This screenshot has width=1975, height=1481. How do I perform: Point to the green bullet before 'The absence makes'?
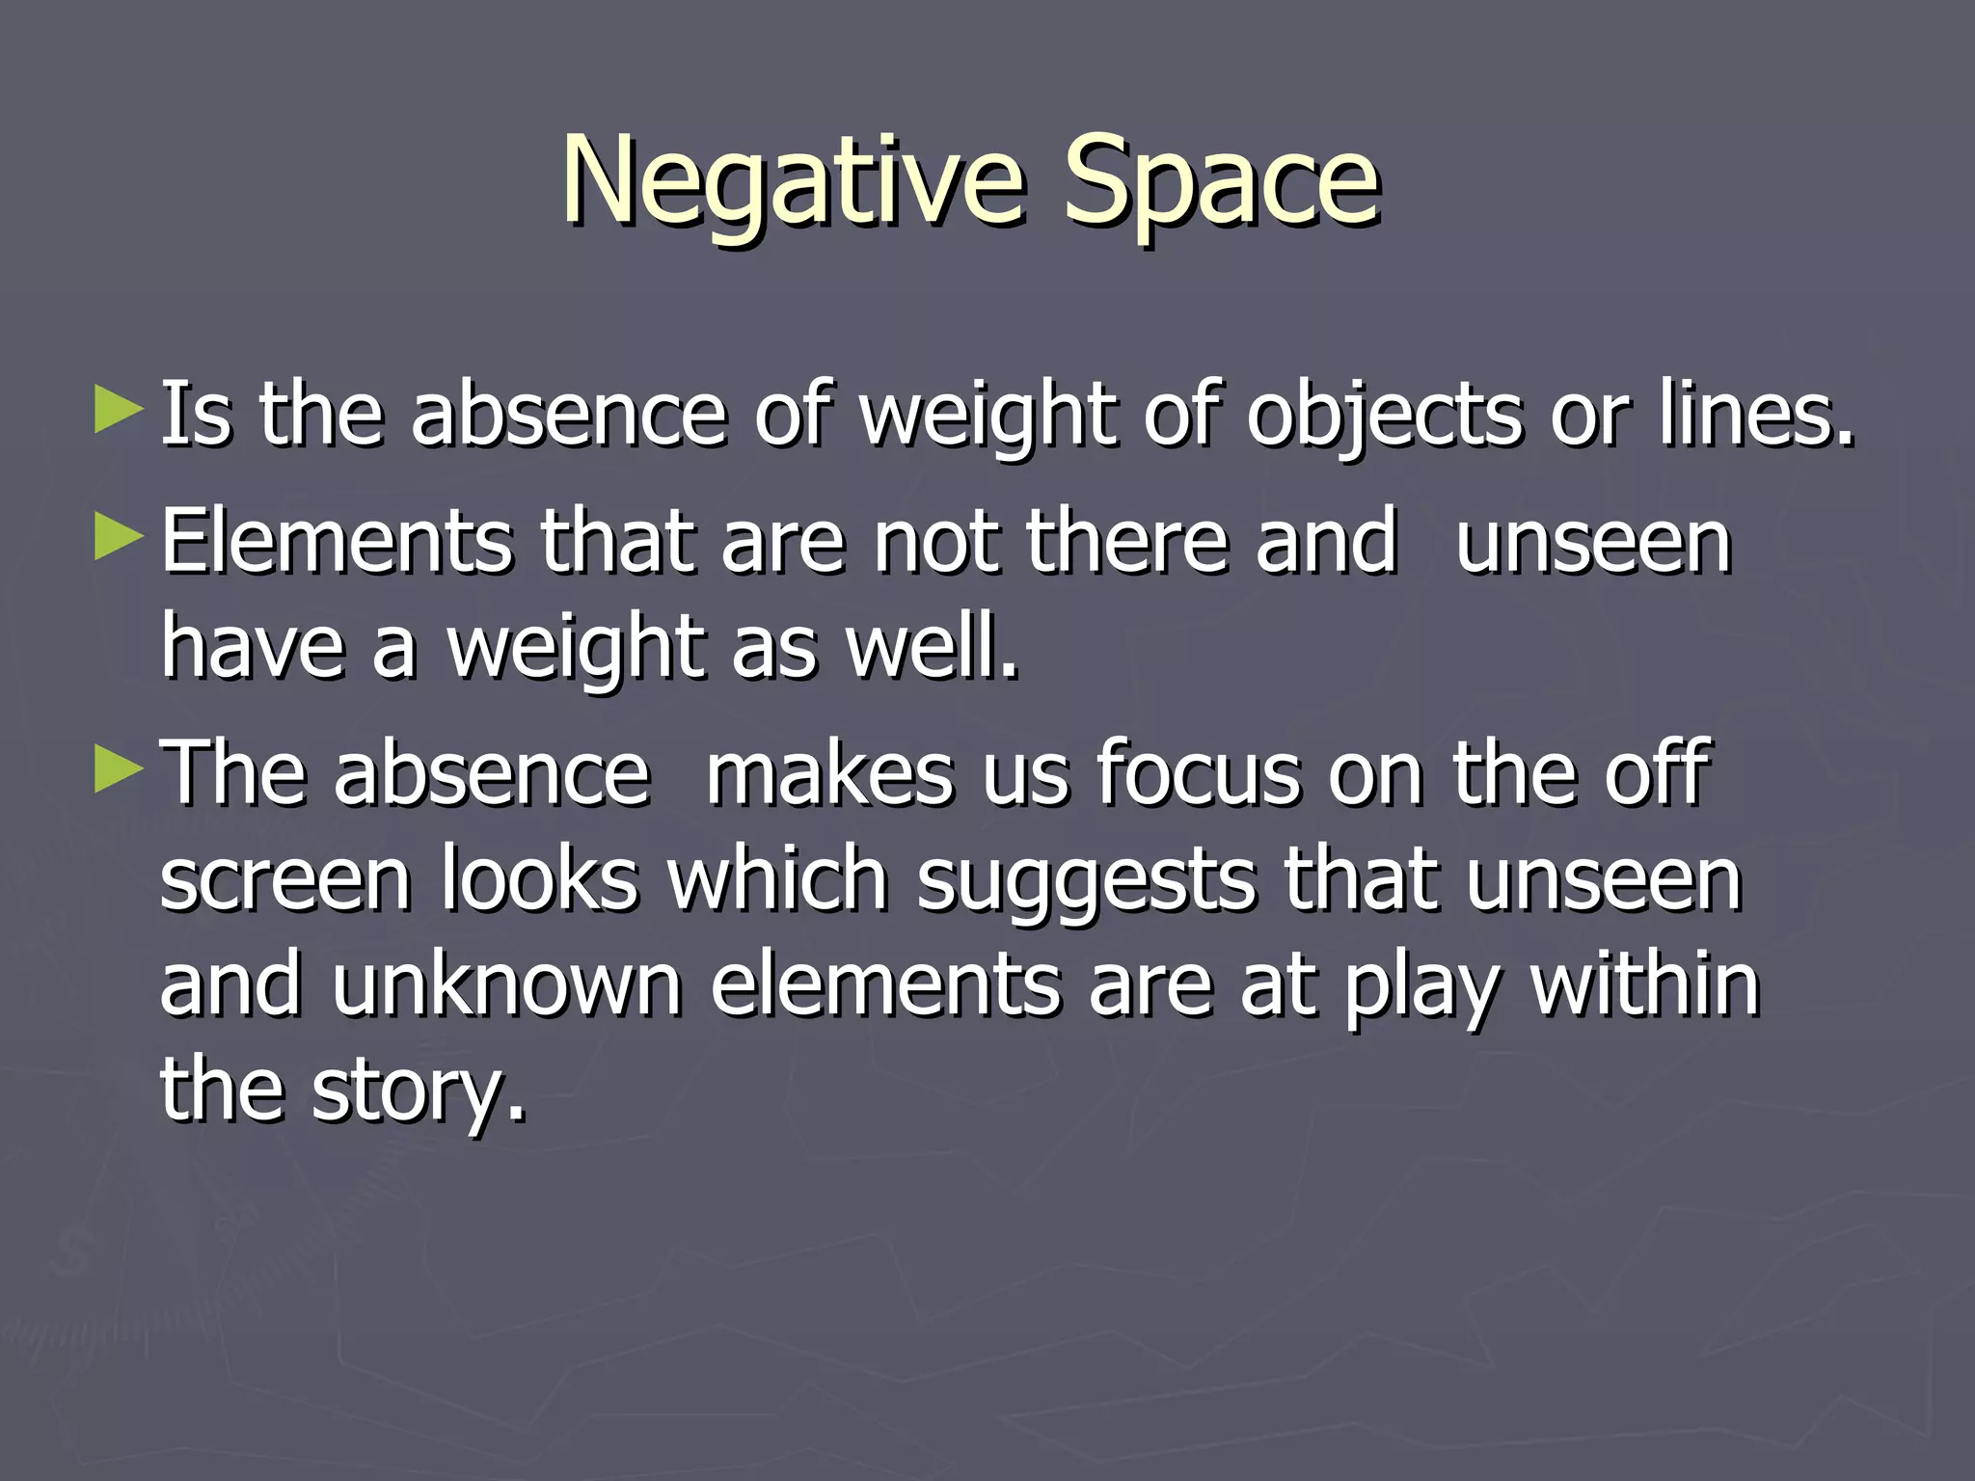[119, 771]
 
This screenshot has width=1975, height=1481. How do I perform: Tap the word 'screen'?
[285, 879]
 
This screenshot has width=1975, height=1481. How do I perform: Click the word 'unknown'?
[507, 985]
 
